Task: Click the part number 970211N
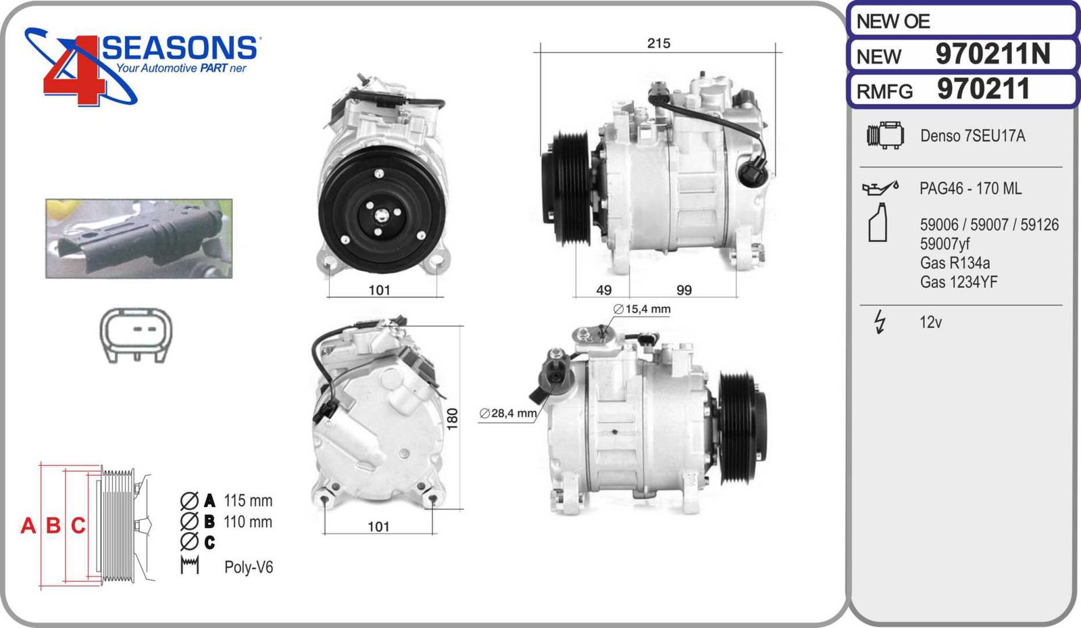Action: [x=992, y=53]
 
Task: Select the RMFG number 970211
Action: [x=984, y=89]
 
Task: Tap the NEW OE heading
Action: [x=893, y=21]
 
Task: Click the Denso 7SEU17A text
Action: [x=972, y=136]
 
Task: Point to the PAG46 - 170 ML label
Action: [x=970, y=188]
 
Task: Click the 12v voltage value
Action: [x=930, y=322]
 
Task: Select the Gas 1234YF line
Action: [x=959, y=282]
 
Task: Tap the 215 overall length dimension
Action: [x=659, y=43]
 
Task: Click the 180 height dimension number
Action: [x=452, y=418]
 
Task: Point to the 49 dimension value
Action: [x=604, y=290]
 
